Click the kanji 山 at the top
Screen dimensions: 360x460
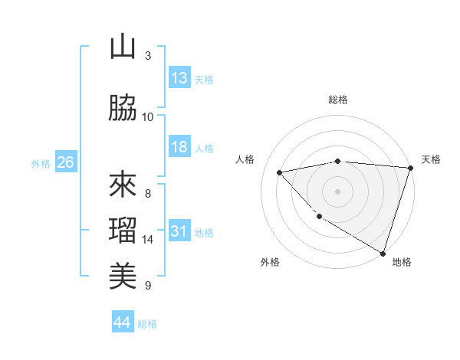[x=123, y=47]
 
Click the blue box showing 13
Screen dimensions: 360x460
[x=179, y=78]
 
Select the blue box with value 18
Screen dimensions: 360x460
[x=179, y=147]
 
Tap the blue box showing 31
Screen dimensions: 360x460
[x=179, y=231]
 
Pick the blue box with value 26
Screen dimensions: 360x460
[x=65, y=162]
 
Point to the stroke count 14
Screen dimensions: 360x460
[x=148, y=240]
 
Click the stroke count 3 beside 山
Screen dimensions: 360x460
[x=148, y=56]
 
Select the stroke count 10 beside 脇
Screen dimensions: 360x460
[x=148, y=117]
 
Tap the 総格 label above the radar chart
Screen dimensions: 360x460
[x=338, y=100]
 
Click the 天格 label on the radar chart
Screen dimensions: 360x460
[x=432, y=159]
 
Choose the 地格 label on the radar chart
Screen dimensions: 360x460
[x=402, y=262]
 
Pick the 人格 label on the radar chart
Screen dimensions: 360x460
[x=245, y=159]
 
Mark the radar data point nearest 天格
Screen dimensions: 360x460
[x=410, y=168]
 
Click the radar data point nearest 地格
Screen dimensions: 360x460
[x=383, y=253]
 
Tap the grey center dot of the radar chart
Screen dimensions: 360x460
[x=338, y=191]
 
